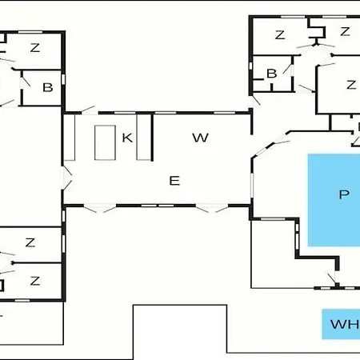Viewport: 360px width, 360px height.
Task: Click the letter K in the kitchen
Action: coord(127,138)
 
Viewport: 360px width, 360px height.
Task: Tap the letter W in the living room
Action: coord(200,138)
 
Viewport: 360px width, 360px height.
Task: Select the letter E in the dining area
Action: coord(174,181)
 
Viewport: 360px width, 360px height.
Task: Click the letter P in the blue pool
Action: coord(344,194)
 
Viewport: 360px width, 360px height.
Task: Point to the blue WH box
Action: coord(341,324)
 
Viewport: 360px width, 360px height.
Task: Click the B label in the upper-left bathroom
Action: coord(48,87)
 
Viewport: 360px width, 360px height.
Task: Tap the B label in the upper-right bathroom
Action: coord(272,74)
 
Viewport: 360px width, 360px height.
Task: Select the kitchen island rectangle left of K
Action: coord(105,142)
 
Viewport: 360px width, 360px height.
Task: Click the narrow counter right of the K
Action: coord(143,137)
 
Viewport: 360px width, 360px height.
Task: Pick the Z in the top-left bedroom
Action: coord(35,48)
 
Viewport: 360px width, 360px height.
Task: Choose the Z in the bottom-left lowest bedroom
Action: coord(35,281)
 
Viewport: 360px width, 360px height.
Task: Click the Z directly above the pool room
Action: coord(351,85)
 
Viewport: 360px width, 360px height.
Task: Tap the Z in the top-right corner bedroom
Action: coord(345,32)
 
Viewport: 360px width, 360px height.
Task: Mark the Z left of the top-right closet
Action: coord(280,35)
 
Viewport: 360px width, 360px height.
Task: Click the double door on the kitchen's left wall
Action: coord(66,178)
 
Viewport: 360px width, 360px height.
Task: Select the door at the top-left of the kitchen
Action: coord(88,110)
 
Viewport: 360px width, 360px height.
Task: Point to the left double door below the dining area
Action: coord(100,208)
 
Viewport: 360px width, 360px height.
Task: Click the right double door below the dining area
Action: coord(212,208)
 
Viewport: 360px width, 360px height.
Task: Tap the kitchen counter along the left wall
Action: coord(70,138)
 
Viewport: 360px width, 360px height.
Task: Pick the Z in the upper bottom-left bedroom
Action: coord(30,242)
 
